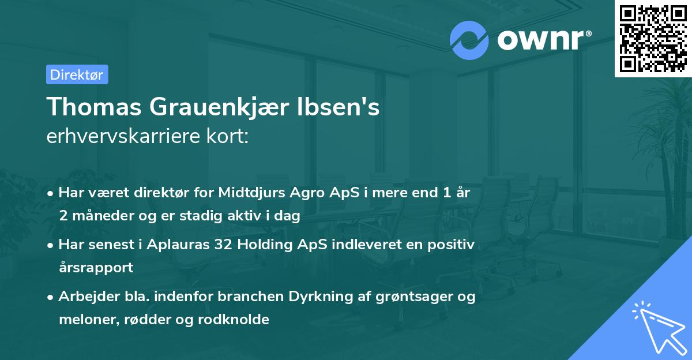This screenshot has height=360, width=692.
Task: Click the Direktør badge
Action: tap(77, 74)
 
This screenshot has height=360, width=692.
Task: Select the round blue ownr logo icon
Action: tap(469, 40)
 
